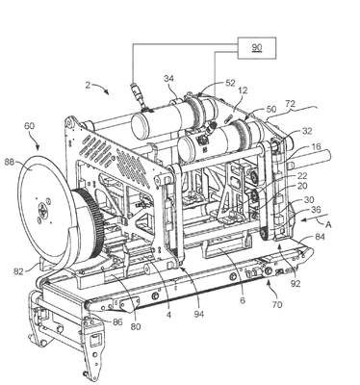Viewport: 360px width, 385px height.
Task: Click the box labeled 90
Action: [256, 48]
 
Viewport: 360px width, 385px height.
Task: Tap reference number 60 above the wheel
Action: [30, 125]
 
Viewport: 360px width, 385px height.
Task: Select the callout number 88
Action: [10, 163]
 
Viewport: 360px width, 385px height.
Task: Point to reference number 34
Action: [170, 79]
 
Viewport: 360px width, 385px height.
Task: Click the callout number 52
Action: [231, 83]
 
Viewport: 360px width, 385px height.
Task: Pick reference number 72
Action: [291, 104]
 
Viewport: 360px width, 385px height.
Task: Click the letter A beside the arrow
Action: [328, 225]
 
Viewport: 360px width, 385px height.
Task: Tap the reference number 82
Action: [18, 271]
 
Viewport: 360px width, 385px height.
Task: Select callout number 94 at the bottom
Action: [199, 314]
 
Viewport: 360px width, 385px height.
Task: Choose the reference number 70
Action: [277, 304]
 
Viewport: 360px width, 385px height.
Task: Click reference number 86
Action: [116, 321]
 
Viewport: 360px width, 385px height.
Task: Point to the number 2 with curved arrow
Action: [88, 85]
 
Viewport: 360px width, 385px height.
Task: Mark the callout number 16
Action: [316, 147]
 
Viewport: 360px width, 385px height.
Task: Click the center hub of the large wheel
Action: [42, 211]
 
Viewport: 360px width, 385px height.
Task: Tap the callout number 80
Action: [137, 327]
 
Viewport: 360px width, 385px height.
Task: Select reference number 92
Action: [296, 284]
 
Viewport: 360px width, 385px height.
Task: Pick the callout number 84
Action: [320, 237]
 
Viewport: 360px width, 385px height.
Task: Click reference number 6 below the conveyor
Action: [243, 300]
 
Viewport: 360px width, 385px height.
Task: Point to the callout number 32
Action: [308, 131]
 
